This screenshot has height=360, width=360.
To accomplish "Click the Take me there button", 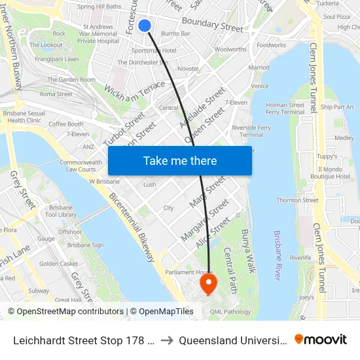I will pos(180,161).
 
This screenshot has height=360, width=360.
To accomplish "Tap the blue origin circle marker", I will pos(145,26).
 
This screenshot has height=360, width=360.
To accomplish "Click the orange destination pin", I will pos(208,283).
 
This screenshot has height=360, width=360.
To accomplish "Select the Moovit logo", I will pos(321,339).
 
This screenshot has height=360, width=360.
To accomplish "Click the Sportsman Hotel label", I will pos(153,50).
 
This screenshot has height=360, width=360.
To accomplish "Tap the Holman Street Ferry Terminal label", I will pos(285,108).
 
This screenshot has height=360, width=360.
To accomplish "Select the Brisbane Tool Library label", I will pos(63,211).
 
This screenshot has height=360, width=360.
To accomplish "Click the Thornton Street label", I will pos(297,200).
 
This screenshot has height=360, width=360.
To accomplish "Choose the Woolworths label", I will pos(230,49).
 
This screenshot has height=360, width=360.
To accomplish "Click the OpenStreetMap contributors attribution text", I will pos(65,312).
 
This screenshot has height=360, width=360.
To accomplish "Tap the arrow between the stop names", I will pos(167,340).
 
